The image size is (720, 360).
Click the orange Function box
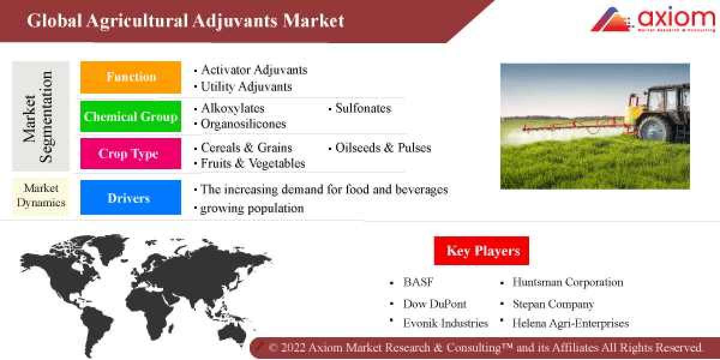coord(131,77)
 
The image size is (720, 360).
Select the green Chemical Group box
coord(131,116)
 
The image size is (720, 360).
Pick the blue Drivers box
coord(131,198)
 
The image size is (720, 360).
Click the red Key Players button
coord(482,250)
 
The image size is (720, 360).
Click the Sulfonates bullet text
coord(363,109)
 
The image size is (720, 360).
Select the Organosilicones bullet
coord(244,124)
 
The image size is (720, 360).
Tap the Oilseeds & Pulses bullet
coord(383,148)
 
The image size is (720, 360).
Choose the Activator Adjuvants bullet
coord(254,70)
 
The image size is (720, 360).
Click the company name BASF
coord(418,282)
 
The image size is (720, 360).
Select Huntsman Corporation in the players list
coord(568,282)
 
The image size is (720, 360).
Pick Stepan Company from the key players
coord(553,304)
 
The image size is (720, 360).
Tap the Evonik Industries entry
coord(446,323)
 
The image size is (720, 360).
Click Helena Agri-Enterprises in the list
coord(571,323)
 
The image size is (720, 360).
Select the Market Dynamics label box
coord(41,196)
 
